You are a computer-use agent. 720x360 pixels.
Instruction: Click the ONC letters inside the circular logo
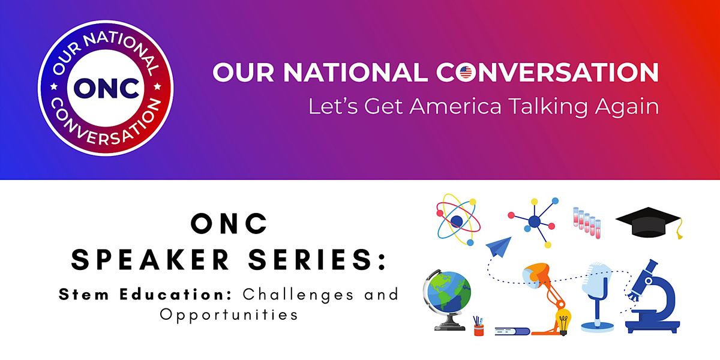pos(106,88)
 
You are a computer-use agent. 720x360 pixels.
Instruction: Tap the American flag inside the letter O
pos(466,72)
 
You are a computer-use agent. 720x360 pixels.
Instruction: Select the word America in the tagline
pos(455,106)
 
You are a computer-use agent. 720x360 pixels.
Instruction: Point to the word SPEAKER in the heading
pos(150,260)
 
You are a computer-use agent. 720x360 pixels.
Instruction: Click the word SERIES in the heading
pos(311,260)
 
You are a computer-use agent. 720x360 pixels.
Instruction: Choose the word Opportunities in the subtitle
pos(229,314)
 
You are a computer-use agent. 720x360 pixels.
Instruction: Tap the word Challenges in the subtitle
pos(298,295)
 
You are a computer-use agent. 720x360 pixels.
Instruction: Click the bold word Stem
pos(84,295)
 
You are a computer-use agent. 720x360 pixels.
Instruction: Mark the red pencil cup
pos(479,329)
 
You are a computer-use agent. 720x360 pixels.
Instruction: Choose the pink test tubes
pos(587,223)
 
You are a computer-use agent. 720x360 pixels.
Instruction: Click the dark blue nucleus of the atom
pos(457,221)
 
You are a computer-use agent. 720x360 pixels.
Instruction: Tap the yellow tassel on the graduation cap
pos(679,229)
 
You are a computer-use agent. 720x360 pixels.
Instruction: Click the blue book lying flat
pos(512,331)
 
